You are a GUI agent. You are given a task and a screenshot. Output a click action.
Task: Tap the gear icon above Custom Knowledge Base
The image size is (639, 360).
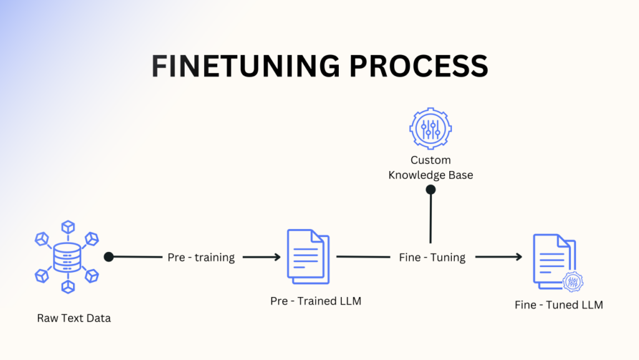tap(430, 128)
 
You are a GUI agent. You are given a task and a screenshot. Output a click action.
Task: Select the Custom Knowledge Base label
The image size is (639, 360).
tap(431, 168)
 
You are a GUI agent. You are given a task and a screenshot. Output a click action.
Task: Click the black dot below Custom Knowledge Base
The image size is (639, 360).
tap(430, 190)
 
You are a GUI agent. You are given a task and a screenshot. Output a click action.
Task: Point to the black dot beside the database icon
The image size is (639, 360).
tap(109, 256)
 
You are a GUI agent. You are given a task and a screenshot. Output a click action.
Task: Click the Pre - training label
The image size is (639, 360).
tap(201, 257)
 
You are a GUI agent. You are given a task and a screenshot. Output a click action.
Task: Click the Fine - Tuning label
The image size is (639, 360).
tap(432, 257)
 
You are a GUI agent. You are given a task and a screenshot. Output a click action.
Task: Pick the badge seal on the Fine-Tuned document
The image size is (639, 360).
tap(572, 282)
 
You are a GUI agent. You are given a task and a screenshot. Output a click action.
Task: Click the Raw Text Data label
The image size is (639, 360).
tap(74, 318)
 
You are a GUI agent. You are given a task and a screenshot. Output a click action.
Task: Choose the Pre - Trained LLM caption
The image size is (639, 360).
tap(316, 301)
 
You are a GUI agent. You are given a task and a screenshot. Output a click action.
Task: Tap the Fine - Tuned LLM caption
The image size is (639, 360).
tap(559, 305)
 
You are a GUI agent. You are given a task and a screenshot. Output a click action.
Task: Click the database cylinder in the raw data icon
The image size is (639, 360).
tap(67, 256)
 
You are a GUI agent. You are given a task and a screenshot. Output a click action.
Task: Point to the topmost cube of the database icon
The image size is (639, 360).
tap(67, 227)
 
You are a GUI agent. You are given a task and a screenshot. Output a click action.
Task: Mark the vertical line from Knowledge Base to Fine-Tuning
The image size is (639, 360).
tap(430, 218)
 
